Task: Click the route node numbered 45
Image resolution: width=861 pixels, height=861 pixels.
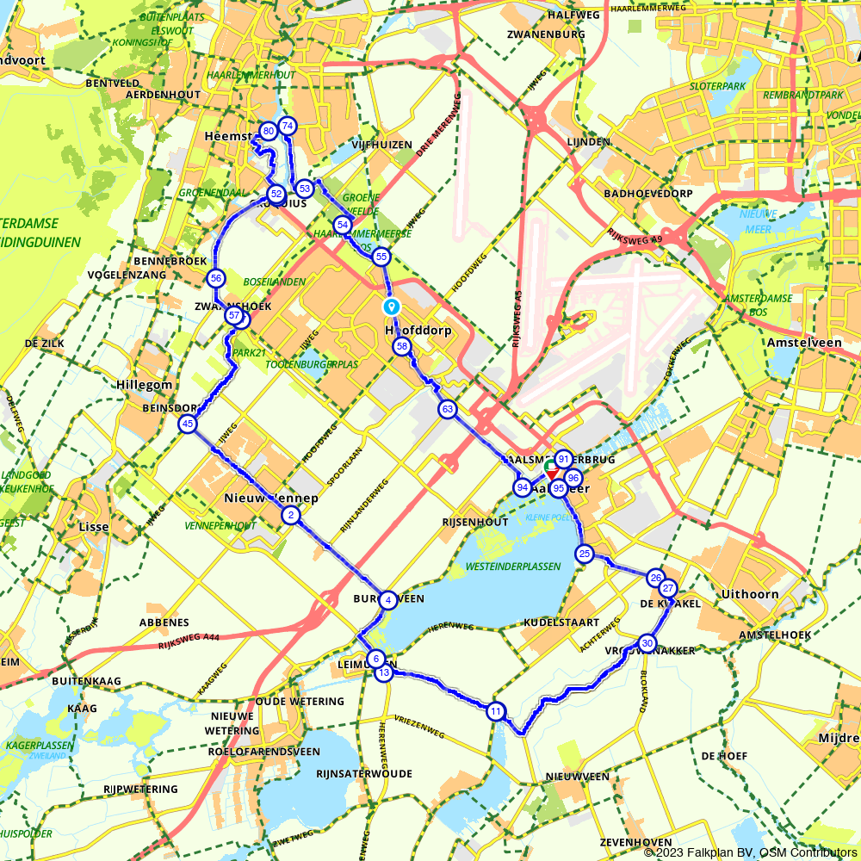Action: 188,424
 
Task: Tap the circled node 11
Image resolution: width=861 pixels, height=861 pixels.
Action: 495,711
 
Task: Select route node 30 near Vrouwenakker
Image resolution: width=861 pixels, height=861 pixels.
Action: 647,643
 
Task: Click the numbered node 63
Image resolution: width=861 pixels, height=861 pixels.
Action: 446,409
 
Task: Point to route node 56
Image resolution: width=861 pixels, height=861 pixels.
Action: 215,278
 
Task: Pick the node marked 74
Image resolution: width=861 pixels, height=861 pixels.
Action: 288,126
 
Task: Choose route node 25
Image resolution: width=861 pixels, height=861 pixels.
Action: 585,554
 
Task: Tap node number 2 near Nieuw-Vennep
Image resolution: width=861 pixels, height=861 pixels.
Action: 291,516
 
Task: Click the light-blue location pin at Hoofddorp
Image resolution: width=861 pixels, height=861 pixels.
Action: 391,307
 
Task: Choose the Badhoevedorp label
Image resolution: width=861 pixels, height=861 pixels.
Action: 648,194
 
